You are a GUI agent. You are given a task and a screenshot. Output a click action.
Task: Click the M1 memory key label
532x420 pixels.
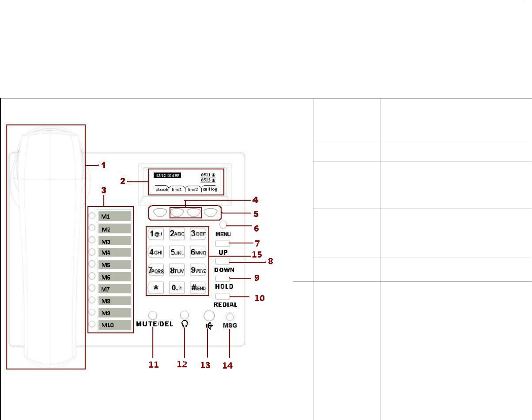click(114, 216)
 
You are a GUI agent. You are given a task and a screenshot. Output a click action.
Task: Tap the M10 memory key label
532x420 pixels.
click(114, 325)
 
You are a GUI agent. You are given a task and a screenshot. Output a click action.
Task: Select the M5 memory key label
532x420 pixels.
click(114, 265)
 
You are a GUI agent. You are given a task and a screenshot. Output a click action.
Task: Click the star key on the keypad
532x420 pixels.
click(156, 288)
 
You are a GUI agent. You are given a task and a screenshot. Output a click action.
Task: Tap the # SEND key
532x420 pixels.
click(198, 288)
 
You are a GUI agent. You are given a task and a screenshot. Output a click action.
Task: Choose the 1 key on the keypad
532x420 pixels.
click(156, 234)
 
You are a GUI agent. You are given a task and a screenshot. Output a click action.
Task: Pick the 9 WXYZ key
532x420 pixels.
click(198, 270)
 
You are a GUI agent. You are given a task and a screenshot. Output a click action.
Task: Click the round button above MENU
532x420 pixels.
click(223, 224)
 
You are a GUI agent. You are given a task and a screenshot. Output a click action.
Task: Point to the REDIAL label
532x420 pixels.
click(225, 305)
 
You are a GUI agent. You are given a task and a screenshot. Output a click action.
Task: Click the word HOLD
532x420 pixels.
click(224, 286)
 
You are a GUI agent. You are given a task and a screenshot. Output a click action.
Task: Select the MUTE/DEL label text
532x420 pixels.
click(155, 324)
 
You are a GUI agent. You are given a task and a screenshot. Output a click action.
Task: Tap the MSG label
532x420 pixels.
click(230, 325)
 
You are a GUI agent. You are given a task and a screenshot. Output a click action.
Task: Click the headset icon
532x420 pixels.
click(185, 324)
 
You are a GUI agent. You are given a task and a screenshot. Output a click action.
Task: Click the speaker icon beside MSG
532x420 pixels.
click(209, 326)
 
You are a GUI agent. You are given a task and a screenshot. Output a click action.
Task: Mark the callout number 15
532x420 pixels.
click(257, 255)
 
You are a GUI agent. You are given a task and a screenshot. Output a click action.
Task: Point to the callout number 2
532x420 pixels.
click(123, 181)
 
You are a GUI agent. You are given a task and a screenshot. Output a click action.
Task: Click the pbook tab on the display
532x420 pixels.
click(161, 189)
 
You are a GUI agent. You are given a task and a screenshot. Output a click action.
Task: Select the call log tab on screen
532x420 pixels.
click(210, 189)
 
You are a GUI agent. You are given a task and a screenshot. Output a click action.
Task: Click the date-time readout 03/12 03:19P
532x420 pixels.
click(167, 176)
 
